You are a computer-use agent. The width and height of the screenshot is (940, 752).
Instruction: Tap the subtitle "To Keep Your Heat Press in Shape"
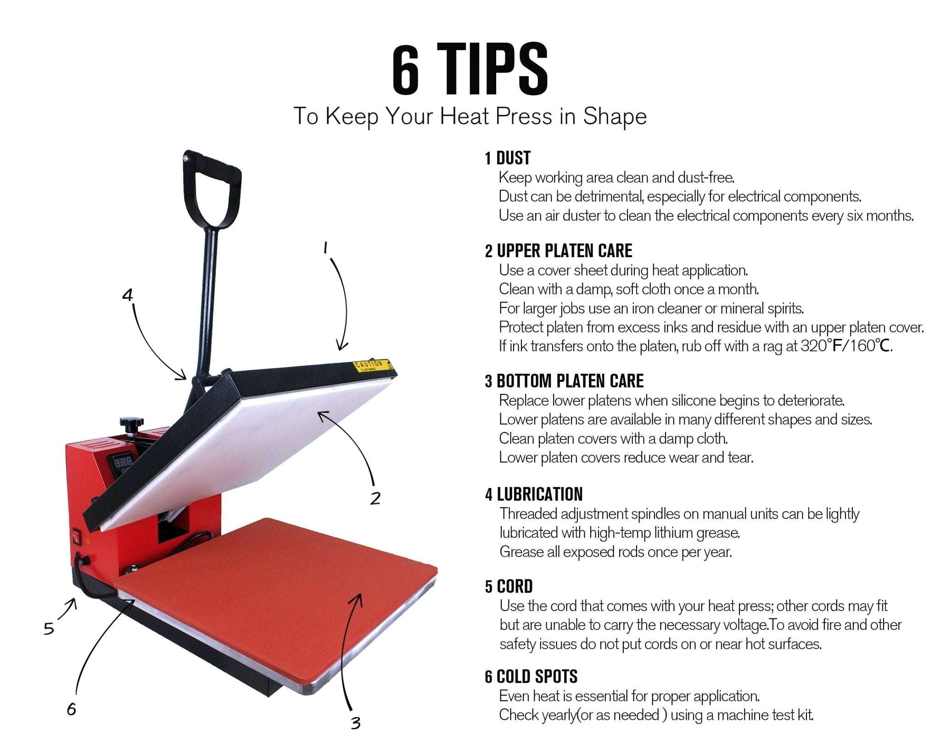pos(470,117)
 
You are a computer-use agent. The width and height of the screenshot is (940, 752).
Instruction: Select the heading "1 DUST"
pos(508,158)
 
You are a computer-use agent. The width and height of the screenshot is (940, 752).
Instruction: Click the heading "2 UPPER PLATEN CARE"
pos(559,251)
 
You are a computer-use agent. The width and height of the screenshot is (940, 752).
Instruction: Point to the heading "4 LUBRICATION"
pos(534,494)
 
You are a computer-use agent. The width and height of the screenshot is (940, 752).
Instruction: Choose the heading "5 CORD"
pos(509,586)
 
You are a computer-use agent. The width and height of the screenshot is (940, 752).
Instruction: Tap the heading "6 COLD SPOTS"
pos(531,676)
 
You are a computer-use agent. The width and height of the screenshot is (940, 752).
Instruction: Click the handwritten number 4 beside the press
pos(128,295)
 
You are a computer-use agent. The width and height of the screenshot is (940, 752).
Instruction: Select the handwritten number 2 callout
pos(375,498)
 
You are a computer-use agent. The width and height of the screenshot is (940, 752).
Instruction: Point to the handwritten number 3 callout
pos(355,723)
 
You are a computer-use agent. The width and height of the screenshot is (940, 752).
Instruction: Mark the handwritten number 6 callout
pos(71,709)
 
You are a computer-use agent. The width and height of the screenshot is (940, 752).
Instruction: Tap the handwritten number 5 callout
pos(49,628)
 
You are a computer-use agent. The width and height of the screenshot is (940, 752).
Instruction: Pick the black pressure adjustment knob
pos(132,423)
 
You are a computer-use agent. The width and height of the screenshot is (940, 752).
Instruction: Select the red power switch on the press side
pos(75,536)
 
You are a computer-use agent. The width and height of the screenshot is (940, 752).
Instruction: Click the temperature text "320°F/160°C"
pos(846,345)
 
